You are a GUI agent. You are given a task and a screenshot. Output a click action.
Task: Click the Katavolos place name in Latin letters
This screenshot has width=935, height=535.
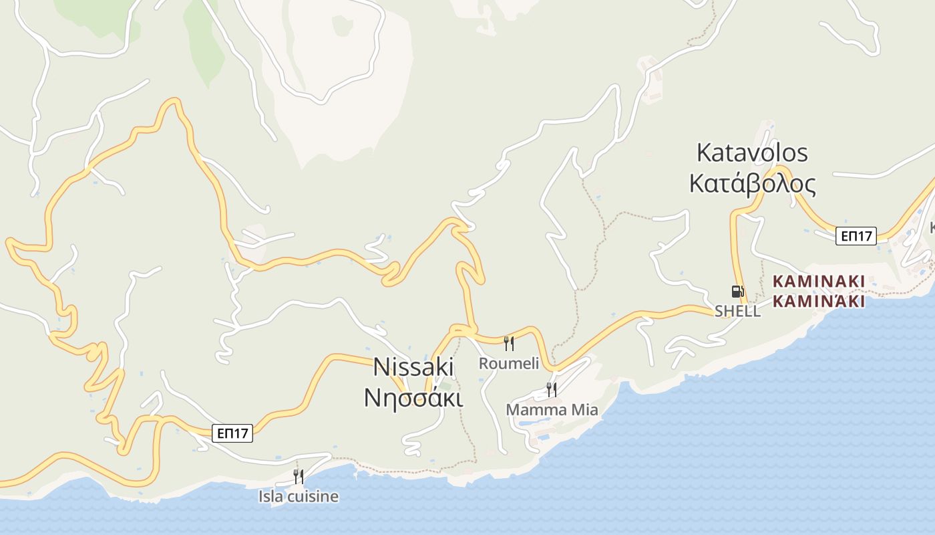point(752,152)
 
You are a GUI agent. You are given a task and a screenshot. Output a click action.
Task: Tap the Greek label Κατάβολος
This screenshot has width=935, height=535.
point(752,183)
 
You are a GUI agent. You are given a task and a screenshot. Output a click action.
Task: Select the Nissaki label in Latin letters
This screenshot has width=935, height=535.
point(413,366)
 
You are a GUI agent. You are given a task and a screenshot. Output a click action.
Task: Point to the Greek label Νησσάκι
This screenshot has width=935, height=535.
point(413,397)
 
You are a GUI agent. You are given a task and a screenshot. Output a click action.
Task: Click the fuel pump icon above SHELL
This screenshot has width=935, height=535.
point(737,292)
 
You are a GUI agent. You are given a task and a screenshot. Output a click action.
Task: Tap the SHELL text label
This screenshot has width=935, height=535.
point(737,311)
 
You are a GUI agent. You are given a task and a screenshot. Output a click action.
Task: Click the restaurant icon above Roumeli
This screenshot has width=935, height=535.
point(509,344)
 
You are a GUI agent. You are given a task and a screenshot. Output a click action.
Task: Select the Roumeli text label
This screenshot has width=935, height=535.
point(509,363)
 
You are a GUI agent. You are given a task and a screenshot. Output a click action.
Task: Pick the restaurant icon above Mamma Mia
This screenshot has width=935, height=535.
point(552,389)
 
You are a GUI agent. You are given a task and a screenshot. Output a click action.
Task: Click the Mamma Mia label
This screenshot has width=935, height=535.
point(552,409)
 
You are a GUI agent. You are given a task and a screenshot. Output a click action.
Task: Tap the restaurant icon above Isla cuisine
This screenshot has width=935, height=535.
point(299,477)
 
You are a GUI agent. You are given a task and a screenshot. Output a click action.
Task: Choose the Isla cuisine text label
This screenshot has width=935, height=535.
point(299,497)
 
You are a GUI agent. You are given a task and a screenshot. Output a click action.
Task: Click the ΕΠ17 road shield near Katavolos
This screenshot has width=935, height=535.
point(856,235)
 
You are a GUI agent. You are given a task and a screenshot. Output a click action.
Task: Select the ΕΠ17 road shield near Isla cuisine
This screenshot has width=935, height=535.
point(232,433)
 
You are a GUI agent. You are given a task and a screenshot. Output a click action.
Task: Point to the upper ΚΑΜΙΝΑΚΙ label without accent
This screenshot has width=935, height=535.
point(819,282)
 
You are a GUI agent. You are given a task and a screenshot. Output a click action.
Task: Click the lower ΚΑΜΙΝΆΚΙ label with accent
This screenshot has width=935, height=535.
point(819,301)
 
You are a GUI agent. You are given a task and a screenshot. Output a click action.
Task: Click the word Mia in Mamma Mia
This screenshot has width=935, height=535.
point(584,409)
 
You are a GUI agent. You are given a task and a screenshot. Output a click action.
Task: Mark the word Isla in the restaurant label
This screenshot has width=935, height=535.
point(270,497)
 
